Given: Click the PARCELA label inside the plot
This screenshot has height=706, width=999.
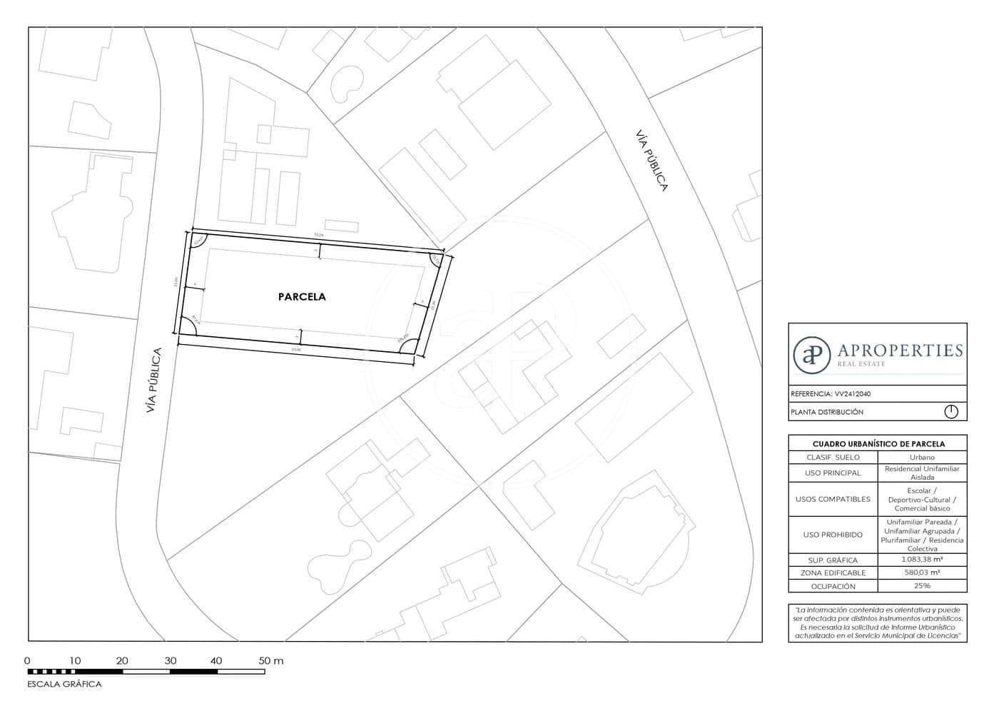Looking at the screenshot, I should coord(302,296).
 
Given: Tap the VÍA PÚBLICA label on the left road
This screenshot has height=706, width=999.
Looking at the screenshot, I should coord(153,380).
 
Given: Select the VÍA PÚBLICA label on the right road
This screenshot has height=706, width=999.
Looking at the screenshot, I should coord(651,161).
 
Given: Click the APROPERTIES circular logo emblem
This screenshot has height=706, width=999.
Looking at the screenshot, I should coord(812,353).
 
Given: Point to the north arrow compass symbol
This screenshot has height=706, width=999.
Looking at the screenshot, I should coord(950,412).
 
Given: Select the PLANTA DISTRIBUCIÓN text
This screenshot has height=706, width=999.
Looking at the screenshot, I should coord(826,412).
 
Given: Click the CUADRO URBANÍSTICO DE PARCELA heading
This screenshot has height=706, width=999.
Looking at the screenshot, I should coord(878,443).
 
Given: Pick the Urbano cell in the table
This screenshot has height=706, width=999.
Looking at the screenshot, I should coord(922,457).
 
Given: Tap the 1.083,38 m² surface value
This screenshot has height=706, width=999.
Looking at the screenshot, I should coord(922,560).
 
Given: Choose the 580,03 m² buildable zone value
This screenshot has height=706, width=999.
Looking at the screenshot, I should coord(922,573).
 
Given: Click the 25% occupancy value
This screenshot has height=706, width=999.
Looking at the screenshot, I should coord(922,586).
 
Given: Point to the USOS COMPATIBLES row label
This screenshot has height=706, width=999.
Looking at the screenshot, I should coord(833,499).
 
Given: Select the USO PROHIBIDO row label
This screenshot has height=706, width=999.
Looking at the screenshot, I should coord(833,535).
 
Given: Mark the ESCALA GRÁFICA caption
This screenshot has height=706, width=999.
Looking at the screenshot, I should coord(64,684).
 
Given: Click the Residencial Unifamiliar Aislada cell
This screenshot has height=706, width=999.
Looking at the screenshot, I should coord(922,473).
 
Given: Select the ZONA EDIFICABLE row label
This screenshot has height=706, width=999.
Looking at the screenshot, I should coord(833,573).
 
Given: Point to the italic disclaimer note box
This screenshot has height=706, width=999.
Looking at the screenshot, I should coord(878,622).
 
